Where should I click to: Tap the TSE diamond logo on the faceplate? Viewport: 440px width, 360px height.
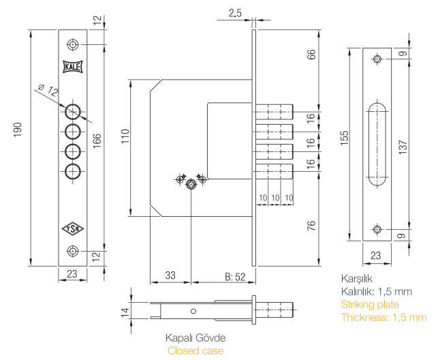(x=73, y=228)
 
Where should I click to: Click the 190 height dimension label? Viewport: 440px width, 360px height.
(x=18, y=130)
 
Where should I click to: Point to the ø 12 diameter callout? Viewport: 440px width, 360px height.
(x=48, y=90)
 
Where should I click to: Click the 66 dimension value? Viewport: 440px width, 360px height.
(x=311, y=55)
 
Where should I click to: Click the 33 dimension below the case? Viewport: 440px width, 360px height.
(x=170, y=276)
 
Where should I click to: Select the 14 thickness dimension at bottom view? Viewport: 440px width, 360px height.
(x=125, y=312)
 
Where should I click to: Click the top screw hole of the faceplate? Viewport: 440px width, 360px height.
(x=73, y=45)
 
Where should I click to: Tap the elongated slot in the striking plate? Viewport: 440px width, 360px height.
(x=377, y=145)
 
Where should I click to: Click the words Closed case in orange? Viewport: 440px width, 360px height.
(x=195, y=351)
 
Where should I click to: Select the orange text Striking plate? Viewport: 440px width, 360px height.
(x=370, y=305)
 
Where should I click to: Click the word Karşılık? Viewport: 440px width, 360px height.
(x=356, y=279)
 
